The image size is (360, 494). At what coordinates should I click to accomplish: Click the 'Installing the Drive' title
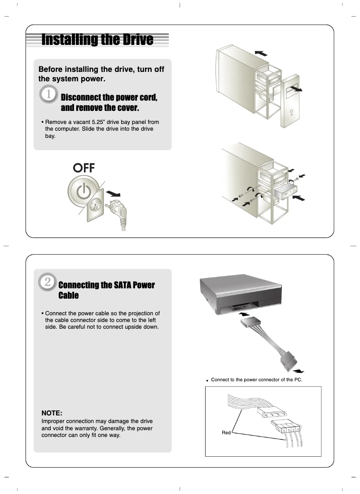97,40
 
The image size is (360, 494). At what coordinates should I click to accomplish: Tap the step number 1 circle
48,96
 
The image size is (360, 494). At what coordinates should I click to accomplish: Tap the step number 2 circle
47,282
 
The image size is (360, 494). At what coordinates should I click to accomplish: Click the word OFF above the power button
84,168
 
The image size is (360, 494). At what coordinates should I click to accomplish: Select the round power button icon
83,191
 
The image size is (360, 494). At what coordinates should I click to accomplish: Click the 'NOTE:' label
52,413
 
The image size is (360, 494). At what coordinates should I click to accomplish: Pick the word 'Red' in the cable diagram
226,432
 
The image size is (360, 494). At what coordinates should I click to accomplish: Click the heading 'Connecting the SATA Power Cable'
106,290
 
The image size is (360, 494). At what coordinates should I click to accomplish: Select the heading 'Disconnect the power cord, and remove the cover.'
109,103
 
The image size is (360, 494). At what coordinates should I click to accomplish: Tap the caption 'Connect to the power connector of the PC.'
256,379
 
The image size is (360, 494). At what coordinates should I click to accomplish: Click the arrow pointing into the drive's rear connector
242,315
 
